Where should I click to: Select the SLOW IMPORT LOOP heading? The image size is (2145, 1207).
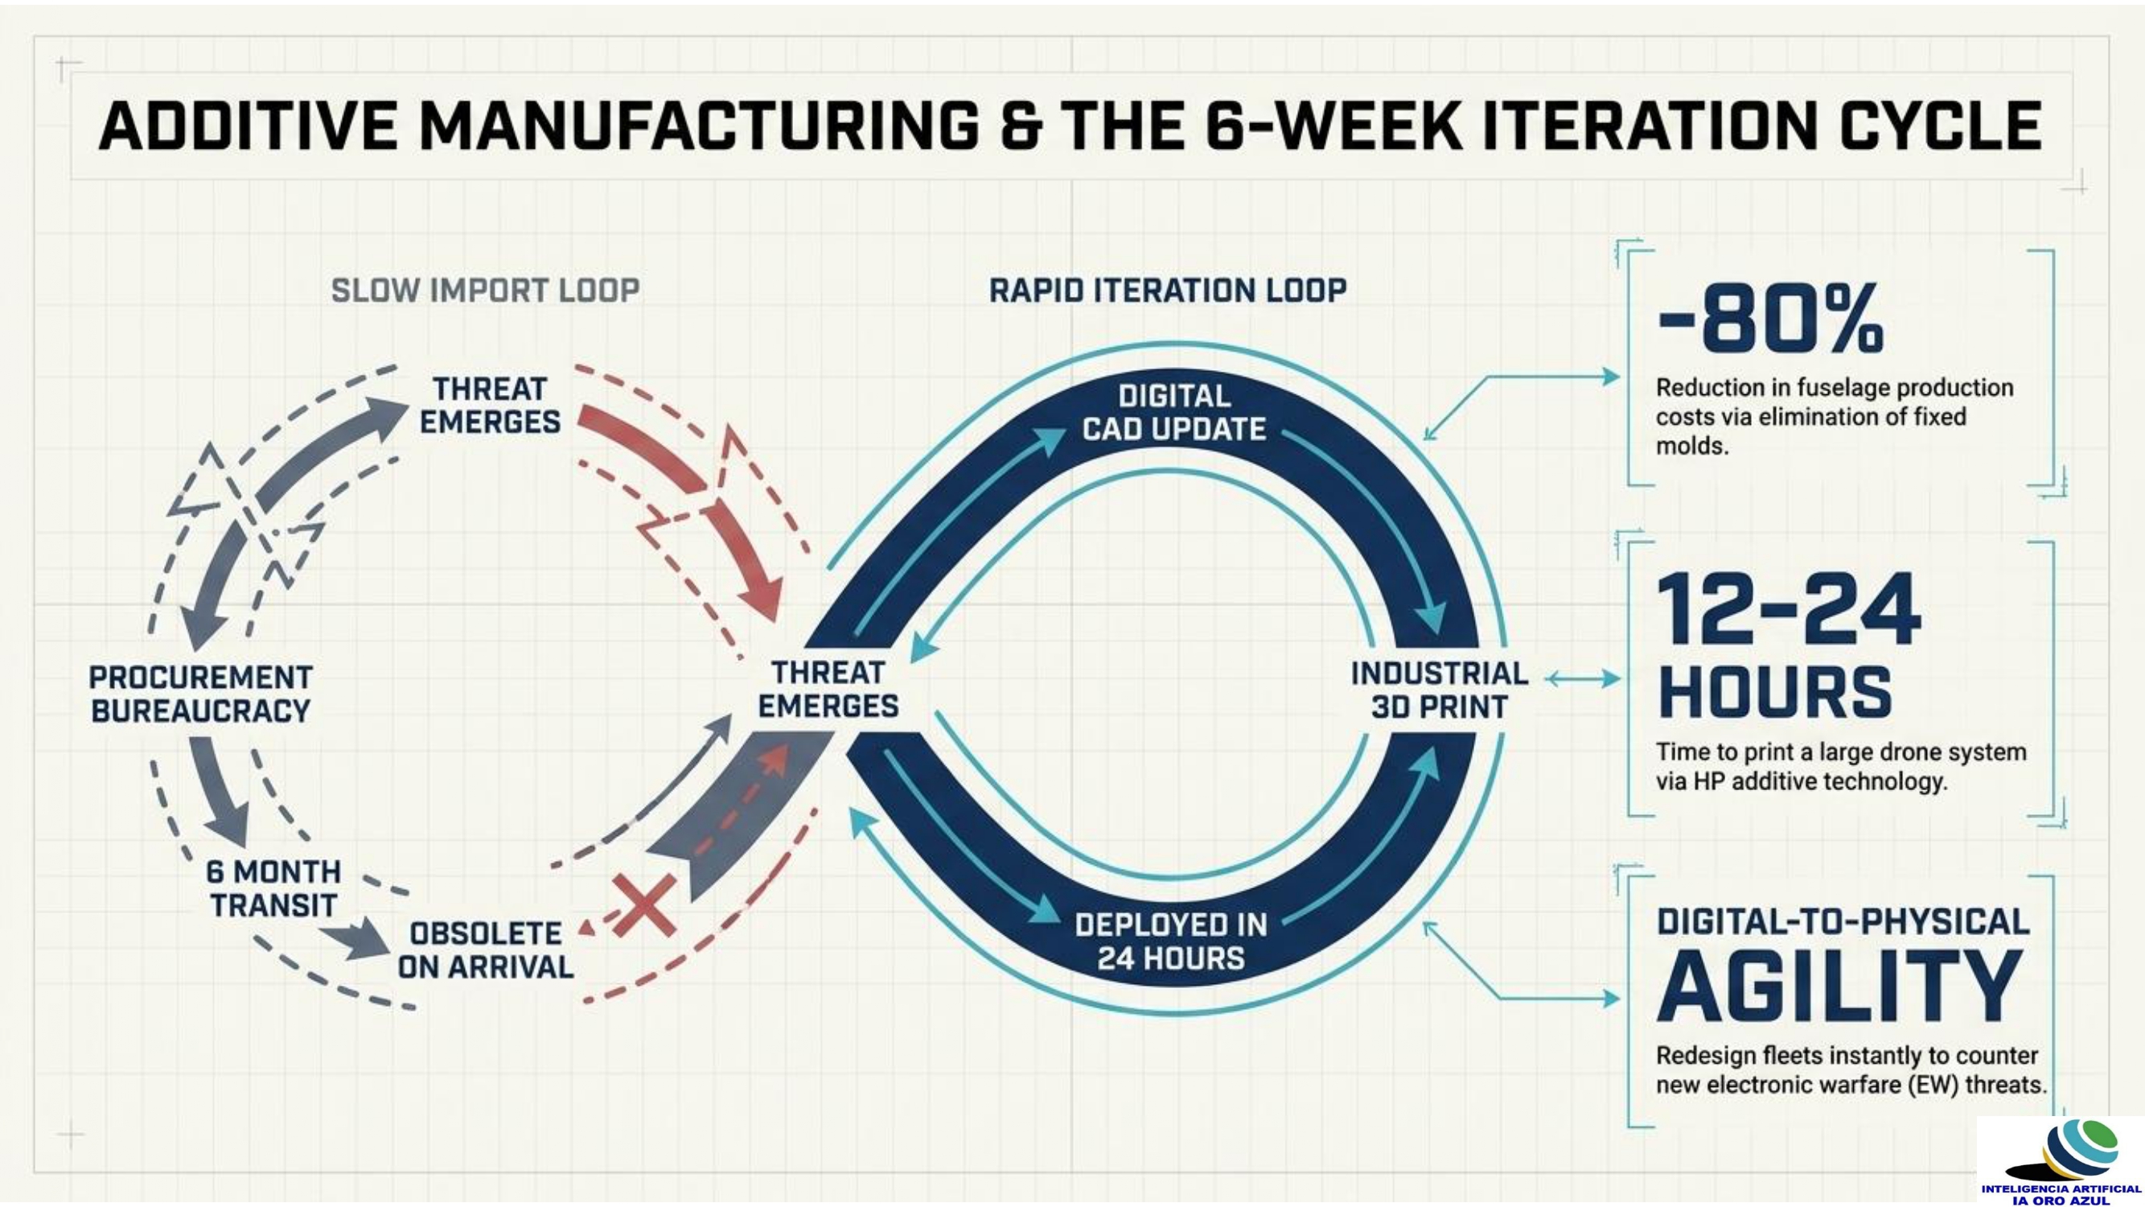(486, 290)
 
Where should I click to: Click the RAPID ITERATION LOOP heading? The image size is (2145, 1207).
(1168, 290)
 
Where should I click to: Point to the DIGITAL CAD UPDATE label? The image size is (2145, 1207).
(1173, 412)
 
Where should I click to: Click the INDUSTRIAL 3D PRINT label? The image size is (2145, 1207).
(1439, 690)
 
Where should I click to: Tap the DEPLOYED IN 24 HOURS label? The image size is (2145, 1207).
(1171, 941)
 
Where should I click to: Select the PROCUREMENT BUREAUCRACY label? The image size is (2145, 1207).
(201, 694)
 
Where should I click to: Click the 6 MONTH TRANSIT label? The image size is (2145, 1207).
(274, 888)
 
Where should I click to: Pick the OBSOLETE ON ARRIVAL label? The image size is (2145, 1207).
(486, 950)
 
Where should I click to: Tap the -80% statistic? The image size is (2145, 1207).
(1770, 319)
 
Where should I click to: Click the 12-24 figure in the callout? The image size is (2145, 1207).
(1789, 610)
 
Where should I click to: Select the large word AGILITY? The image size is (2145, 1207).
(1839, 987)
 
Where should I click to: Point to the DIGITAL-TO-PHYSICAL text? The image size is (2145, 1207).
(1843, 922)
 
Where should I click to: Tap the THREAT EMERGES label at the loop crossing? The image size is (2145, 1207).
(828, 690)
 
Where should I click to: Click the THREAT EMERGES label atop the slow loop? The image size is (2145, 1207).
(490, 405)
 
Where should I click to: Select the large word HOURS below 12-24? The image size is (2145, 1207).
(1774, 691)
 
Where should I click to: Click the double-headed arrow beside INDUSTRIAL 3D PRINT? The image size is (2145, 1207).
(1582, 680)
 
